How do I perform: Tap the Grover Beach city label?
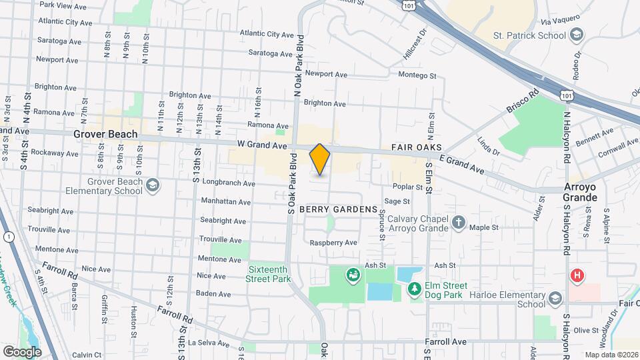[105, 134]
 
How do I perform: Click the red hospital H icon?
[577, 275]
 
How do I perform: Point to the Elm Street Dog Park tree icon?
[414, 288]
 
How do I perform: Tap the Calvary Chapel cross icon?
[459, 222]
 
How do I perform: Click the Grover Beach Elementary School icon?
[153, 185]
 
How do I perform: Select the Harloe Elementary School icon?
[555, 300]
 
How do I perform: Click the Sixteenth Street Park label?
[269, 275]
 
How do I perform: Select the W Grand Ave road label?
[261, 144]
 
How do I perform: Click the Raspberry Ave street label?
[333, 243]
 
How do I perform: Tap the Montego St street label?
[417, 75]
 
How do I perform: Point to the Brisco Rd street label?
[523, 104]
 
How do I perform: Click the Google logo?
[22, 351]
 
